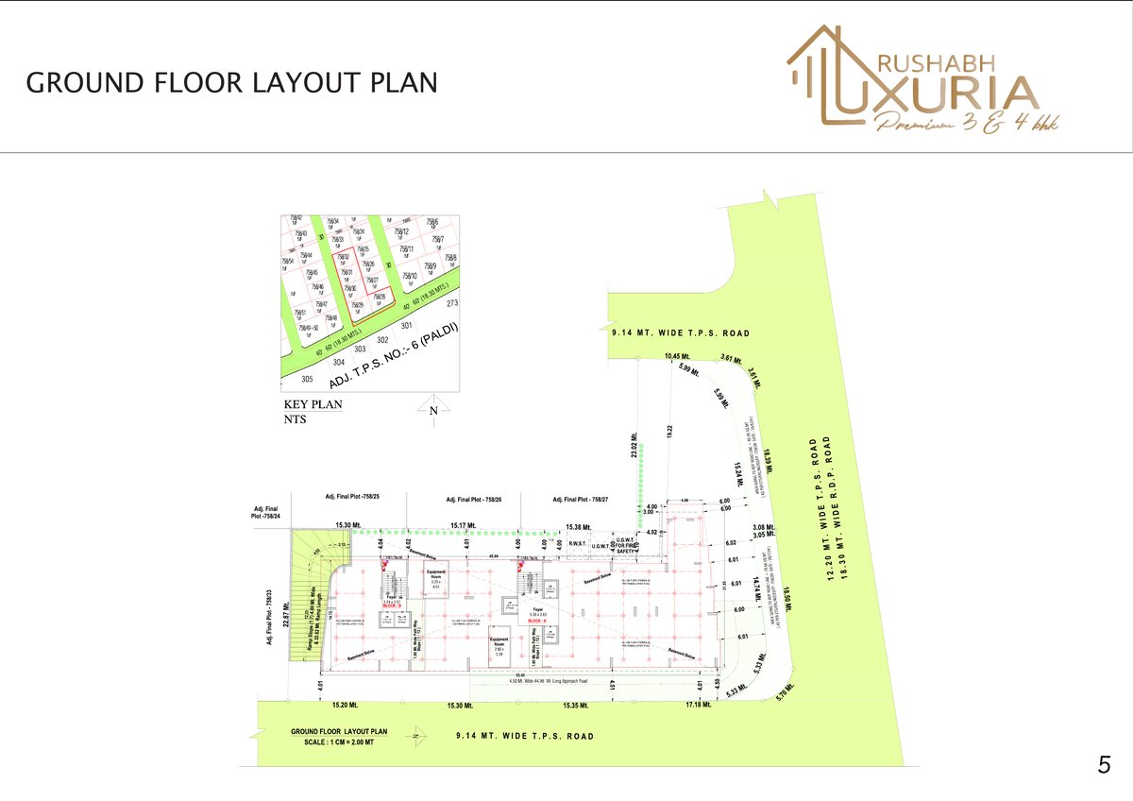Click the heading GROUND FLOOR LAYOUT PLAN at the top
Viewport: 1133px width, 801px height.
[x=231, y=82]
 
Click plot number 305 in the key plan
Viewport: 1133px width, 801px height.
[x=306, y=379]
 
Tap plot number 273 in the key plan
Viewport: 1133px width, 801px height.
[x=451, y=303]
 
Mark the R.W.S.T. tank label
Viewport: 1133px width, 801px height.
[x=578, y=544]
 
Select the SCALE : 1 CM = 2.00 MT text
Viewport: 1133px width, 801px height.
[x=339, y=741]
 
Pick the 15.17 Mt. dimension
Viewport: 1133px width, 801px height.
[x=463, y=526]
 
